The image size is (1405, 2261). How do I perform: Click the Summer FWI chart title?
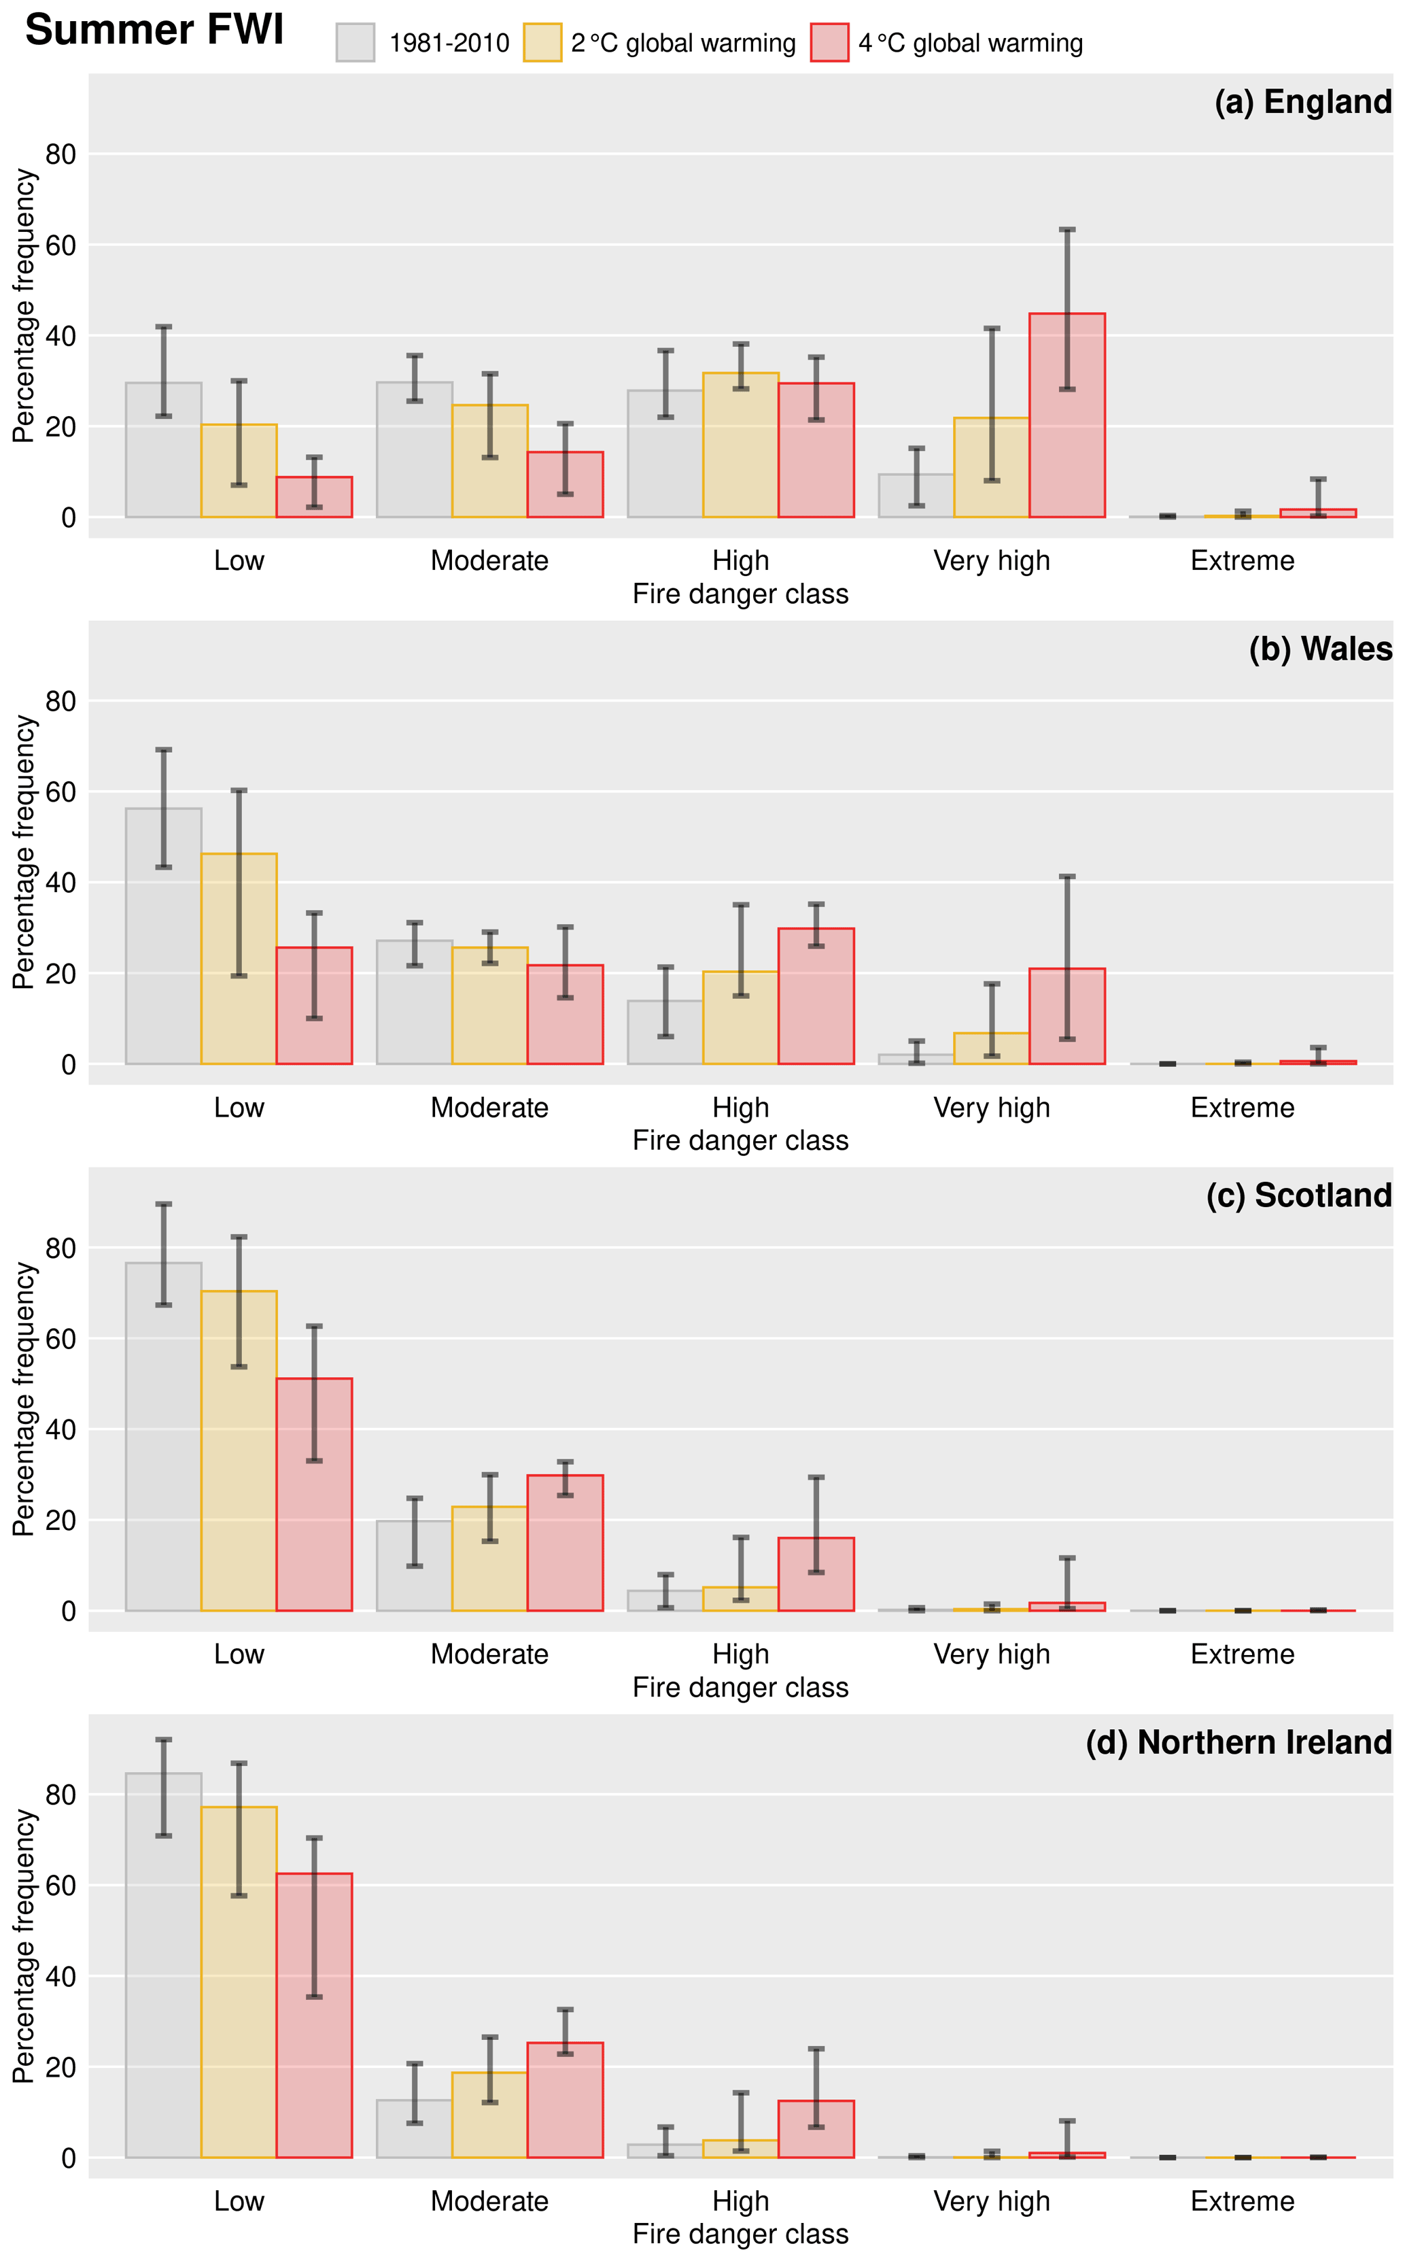[154, 31]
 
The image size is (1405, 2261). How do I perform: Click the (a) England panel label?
[1303, 102]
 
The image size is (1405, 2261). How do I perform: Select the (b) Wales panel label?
[1321, 649]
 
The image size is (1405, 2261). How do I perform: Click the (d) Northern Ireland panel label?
[1238, 1742]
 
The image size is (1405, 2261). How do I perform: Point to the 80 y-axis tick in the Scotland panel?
[60, 1248]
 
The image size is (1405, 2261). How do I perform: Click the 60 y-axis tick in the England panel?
[60, 245]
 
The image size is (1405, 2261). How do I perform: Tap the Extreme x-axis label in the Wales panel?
[1243, 1108]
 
